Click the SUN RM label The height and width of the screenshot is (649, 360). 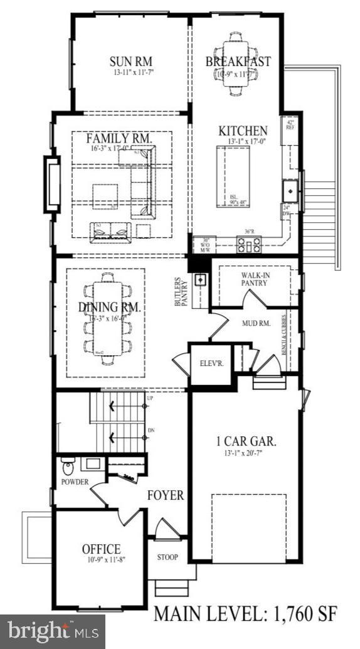[x=131, y=62]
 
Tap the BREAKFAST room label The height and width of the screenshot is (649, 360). [x=238, y=62]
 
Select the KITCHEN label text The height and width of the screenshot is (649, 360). [x=243, y=131]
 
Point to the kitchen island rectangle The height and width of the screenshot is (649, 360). [x=233, y=176]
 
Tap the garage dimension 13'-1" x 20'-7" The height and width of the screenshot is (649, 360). [x=242, y=453]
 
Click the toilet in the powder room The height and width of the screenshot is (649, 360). [x=68, y=467]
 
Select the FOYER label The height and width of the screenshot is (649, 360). [x=166, y=496]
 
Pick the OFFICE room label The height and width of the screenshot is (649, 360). [x=102, y=549]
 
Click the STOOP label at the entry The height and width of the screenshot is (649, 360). [x=167, y=557]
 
